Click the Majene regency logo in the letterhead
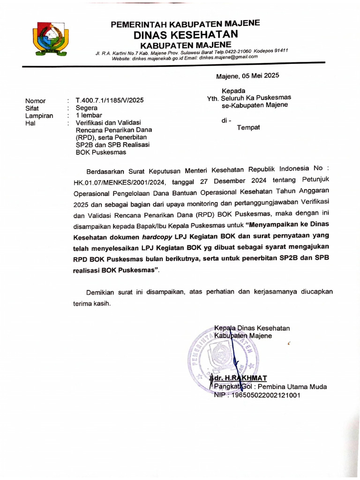point(50,39)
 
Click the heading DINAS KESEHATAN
point(186,34)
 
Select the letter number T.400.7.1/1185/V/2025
point(106,100)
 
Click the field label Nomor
point(35,101)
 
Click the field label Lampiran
point(39,115)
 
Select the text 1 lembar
point(89,115)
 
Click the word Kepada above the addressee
point(233,90)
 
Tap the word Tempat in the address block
point(248,127)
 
